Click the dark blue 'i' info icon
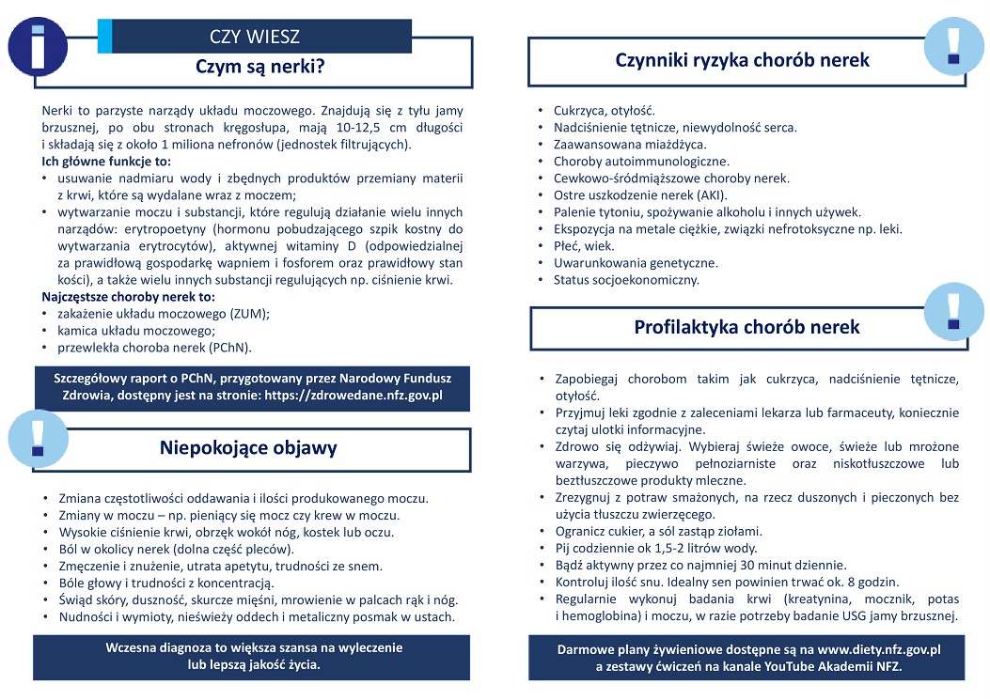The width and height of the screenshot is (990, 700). pos(38,46)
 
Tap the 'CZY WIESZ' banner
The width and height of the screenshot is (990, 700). pos(255,37)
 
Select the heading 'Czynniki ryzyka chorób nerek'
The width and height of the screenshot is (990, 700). pos(742,60)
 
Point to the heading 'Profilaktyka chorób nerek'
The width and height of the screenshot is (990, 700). pos(746,327)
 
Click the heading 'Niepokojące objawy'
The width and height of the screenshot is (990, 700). pos(248,447)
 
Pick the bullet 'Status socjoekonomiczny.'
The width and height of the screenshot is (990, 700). pos(626,280)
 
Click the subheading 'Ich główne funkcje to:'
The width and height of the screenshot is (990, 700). pos(106,162)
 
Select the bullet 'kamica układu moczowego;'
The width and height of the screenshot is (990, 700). pos(136,331)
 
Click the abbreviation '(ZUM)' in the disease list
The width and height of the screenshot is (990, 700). pos(247,314)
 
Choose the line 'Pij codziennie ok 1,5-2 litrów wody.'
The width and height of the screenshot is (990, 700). pos(655,548)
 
